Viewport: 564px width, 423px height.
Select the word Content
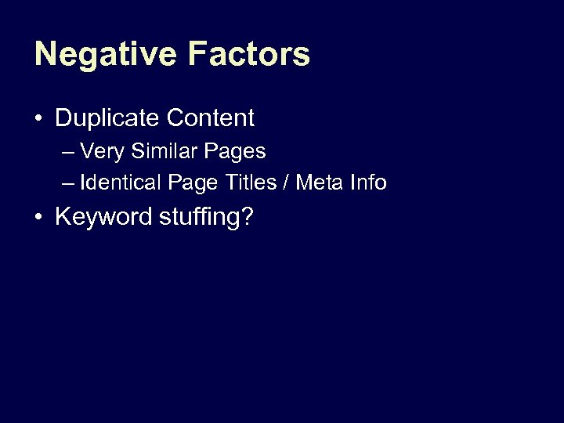[x=210, y=118]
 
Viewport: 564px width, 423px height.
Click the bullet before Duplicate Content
[x=38, y=119]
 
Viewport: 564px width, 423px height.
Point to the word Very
[x=100, y=151]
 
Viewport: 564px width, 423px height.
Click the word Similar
[x=161, y=151]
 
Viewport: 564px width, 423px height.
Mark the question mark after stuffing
[x=248, y=216]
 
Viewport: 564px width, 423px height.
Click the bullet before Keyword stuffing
[x=38, y=217]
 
